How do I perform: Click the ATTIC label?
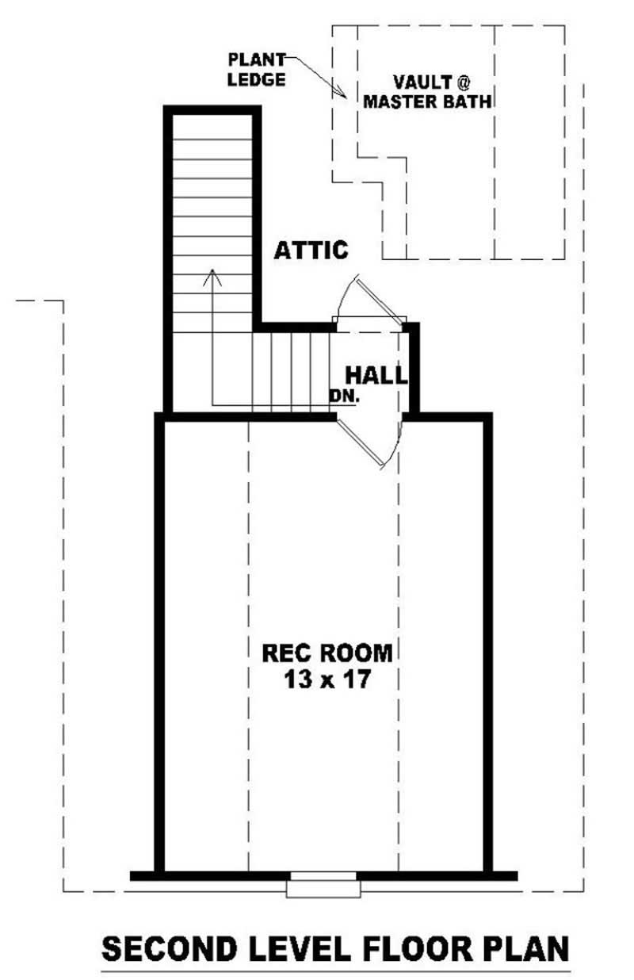[311, 250]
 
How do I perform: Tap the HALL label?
[376, 375]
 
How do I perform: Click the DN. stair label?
[346, 396]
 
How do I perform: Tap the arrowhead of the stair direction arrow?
[212, 275]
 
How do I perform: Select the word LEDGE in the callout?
[254, 79]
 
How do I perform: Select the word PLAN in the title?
[526, 949]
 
